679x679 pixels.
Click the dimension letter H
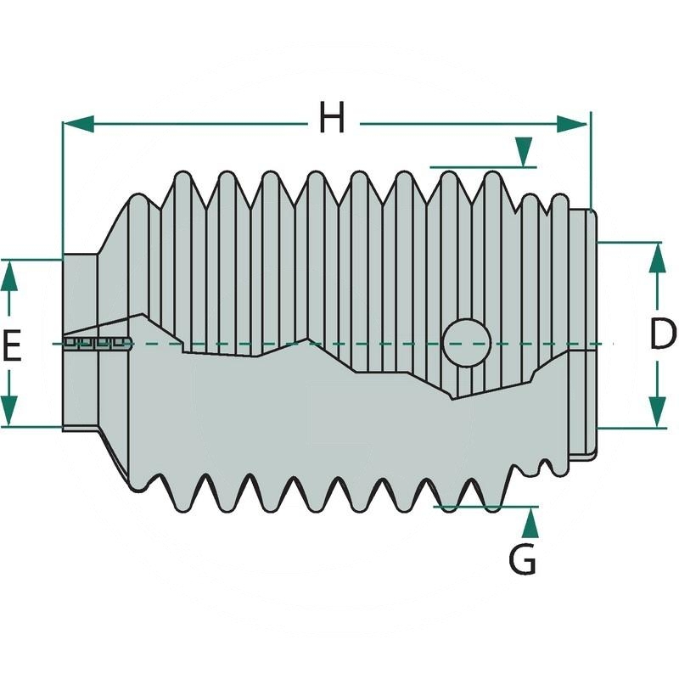pyautogui.click(x=332, y=118)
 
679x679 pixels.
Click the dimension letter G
pyautogui.click(x=522, y=559)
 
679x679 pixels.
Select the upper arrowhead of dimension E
pyautogui.click(x=8, y=274)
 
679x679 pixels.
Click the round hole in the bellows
pyautogui.click(x=467, y=343)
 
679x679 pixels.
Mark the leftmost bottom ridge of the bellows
pyautogui.click(x=180, y=504)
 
